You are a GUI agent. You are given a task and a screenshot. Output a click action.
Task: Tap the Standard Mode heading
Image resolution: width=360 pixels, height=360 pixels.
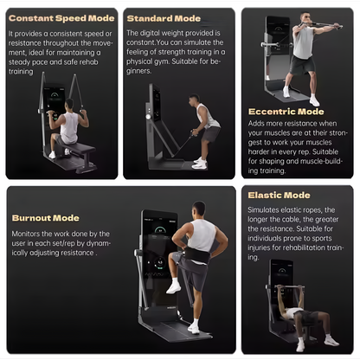(x=164, y=17)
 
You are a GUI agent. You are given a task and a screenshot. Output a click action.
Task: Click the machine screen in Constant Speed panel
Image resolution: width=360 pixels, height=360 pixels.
(x=54, y=100)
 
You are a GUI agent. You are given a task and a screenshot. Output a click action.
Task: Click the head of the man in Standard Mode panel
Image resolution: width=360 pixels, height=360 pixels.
(x=196, y=100)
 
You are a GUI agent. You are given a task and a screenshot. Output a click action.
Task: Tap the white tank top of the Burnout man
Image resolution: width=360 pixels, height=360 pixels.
(x=202, y=236)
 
